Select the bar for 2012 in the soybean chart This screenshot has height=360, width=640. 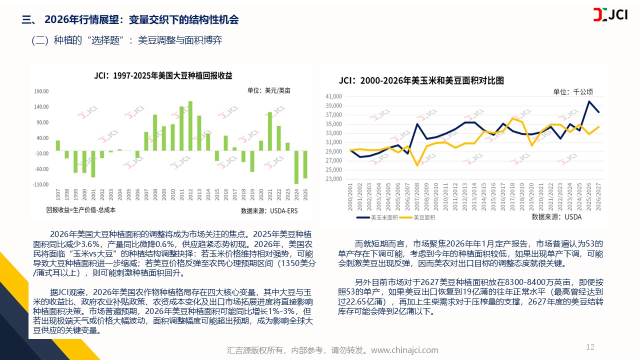190,125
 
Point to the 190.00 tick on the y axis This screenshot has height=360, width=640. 41,91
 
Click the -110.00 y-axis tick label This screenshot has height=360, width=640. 40,184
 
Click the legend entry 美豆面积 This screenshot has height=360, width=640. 420,217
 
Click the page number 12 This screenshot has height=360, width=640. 590,347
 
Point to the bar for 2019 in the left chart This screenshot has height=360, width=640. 252,161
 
